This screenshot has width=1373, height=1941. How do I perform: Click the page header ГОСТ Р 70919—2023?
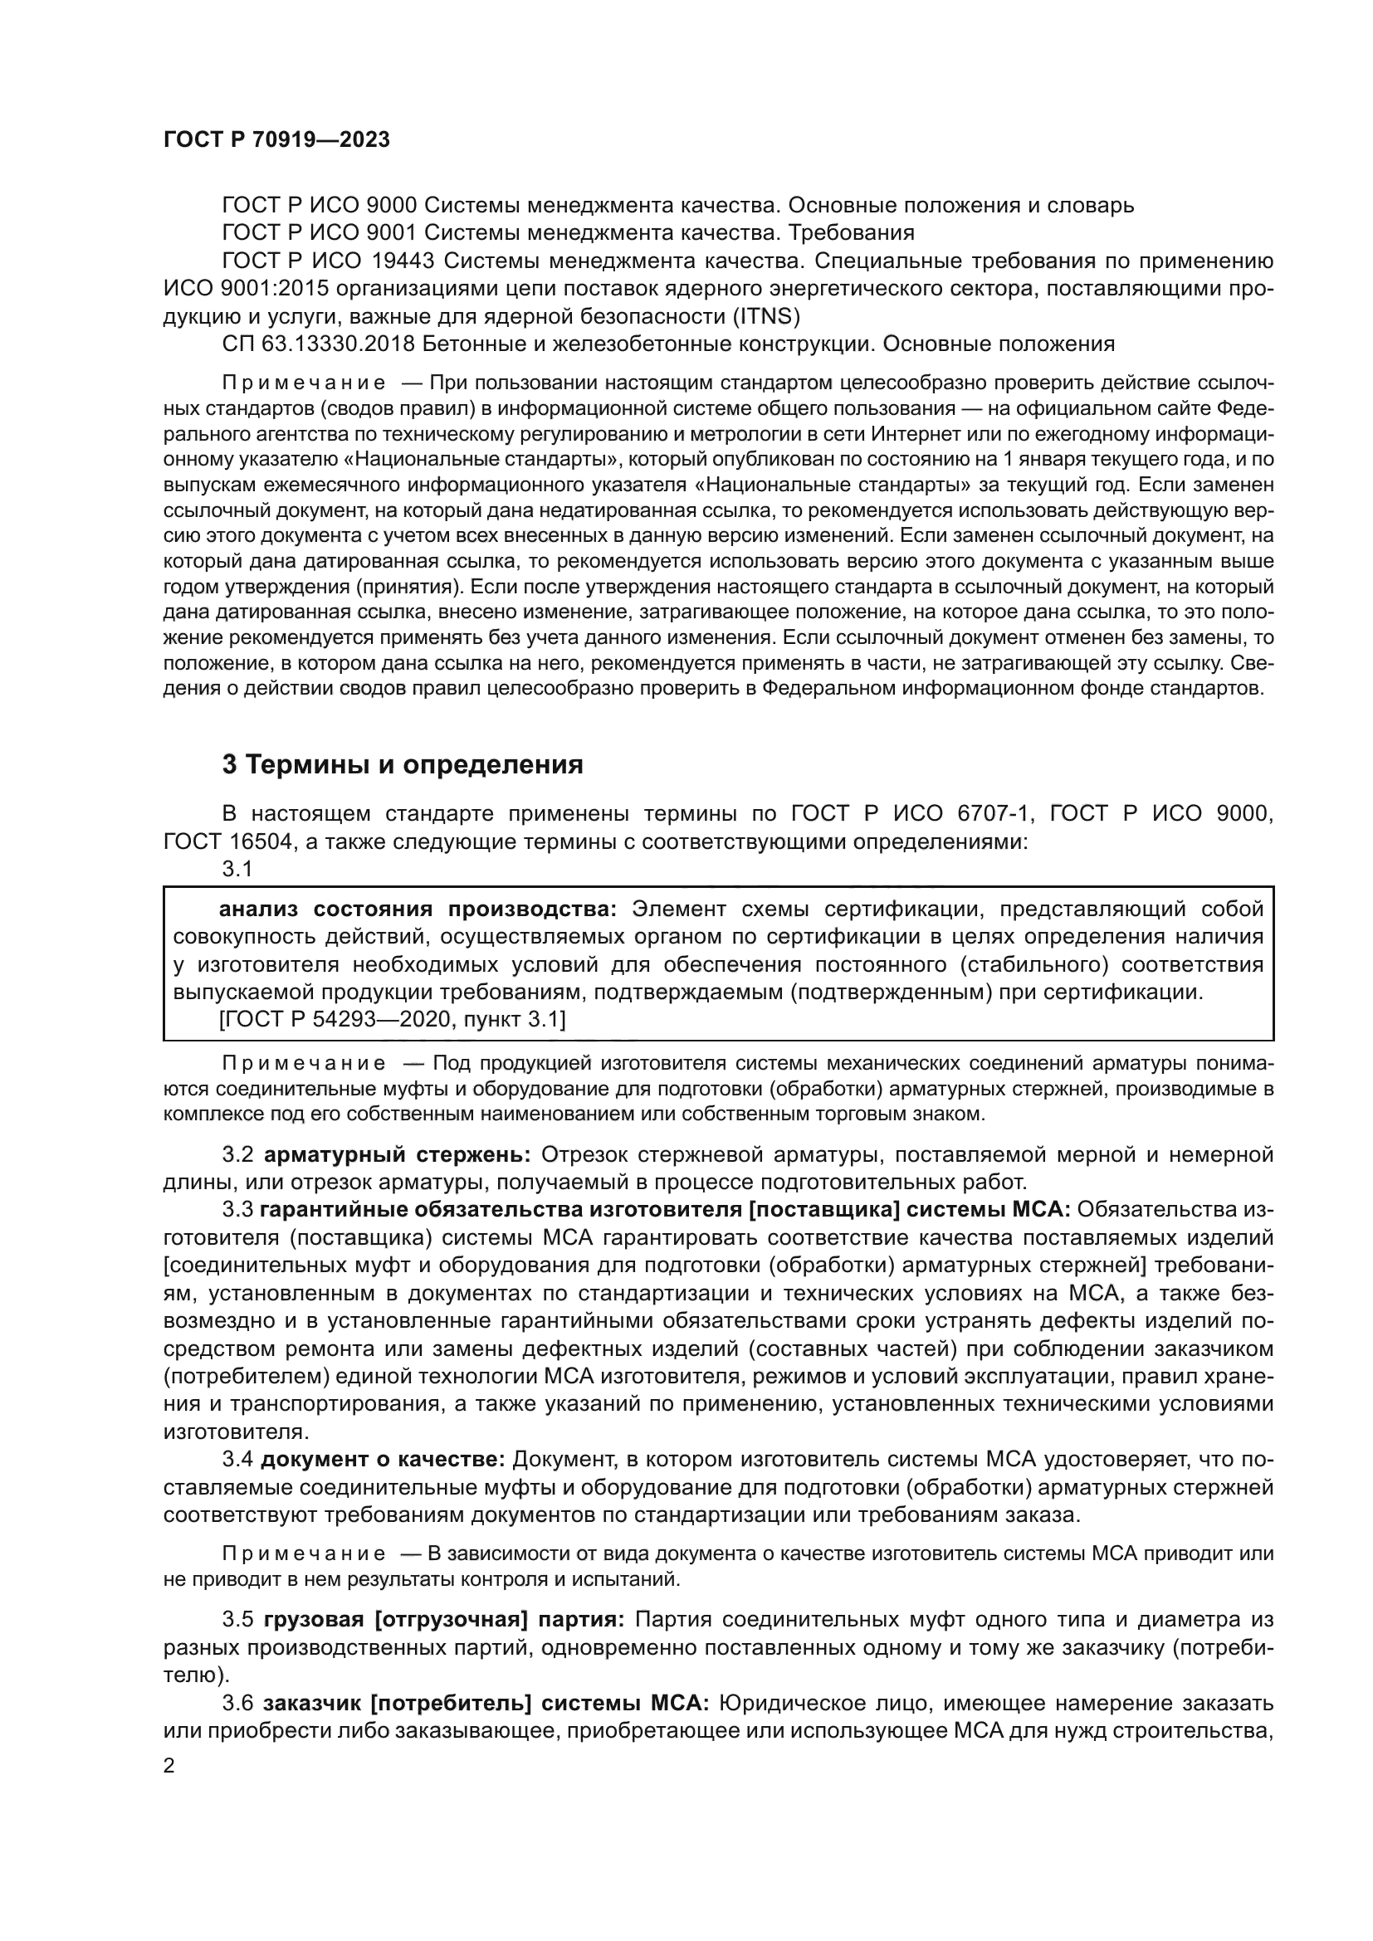[x=276, y=140]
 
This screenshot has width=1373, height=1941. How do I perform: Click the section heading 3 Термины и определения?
[x=403, y=765]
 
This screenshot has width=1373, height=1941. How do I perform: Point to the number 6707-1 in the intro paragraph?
[x=995, y=813]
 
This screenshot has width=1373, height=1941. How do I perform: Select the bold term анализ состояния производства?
[x=418, y=909]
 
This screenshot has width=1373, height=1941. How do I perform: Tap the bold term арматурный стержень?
[x=398, y=1154]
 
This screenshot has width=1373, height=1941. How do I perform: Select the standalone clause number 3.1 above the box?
[x=237, y=868]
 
